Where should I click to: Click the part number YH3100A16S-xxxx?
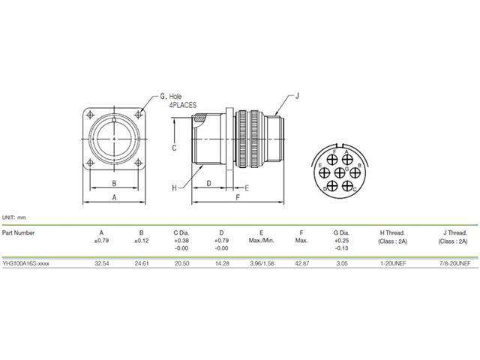tap(27, 264)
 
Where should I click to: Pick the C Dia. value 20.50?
tap(181, 264)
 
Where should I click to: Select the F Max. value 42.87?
tap(302, 264)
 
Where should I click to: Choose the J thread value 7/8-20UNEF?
tap(452, 264)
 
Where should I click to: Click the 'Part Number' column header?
tap(19, 232)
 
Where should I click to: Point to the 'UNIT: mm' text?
tap(14, 216)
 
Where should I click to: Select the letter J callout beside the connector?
tap(297, 96)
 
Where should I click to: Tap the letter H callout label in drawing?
tap(173, 186)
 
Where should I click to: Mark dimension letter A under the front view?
tap(113, 196)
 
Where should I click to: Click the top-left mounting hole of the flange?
tap(91, 115)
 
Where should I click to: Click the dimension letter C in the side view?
tap(173, 148)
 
